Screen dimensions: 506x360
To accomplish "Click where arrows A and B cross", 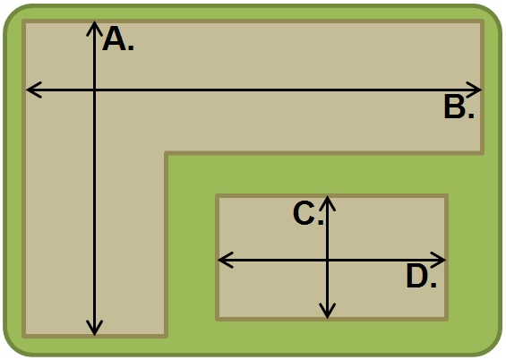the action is click(x=94, y=90).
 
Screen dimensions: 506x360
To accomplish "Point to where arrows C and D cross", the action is click(x=328, y=260).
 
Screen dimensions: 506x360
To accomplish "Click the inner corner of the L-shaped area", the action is click(x=166, y=152).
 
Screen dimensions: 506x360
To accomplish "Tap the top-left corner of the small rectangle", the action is click(x=217, y=195).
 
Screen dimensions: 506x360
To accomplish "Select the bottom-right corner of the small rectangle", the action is click(x=447, y=320).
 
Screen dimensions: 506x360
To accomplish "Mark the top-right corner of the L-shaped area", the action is click(x=483, y=21).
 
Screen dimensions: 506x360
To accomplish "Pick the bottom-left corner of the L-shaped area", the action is click(x=23, y=337).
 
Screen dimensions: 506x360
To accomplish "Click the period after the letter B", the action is click(x=471, y=116).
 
